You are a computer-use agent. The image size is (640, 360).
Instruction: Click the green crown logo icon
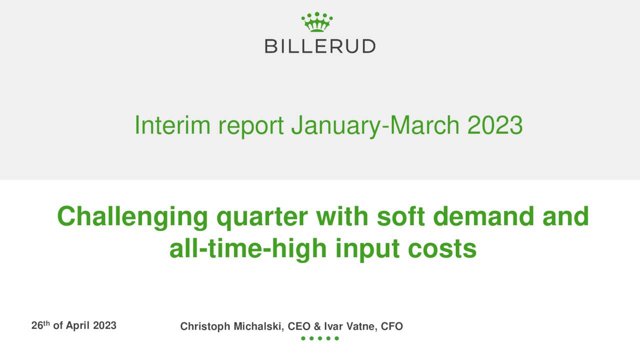(x=317, y=22)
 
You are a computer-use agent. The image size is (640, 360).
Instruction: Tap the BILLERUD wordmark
(x=320, y=46)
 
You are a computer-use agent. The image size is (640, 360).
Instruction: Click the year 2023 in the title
(x=495, y=125)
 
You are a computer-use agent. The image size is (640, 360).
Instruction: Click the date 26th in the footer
(x=40, y=325)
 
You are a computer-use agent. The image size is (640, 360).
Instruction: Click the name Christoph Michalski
(x=232, y=326)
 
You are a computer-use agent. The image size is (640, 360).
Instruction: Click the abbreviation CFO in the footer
(x=392, y=326)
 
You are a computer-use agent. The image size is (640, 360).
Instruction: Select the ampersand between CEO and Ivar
(x=317, y=326)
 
